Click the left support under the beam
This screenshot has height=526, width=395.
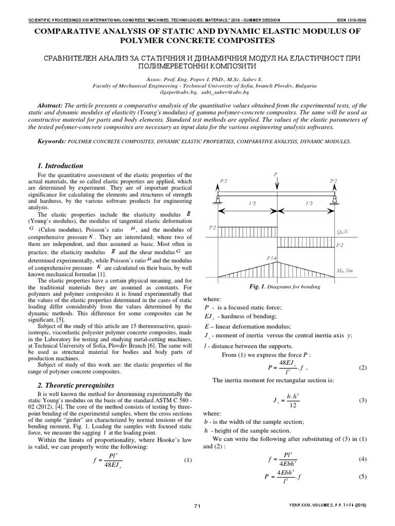tap(218, 199)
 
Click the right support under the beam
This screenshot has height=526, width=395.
tap(335, 199)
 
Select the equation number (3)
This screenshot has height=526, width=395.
tap(362, 400)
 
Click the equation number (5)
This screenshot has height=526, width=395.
tap(362, 477)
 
